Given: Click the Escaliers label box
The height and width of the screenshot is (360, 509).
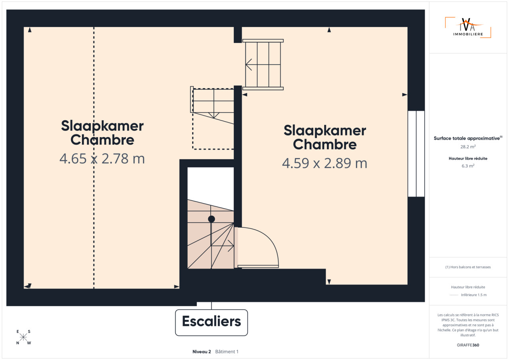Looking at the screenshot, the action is pyautogui.click(x=211, y=322).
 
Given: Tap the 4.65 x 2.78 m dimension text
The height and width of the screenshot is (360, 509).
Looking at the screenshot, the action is pyautogui.click(x=102, y=159).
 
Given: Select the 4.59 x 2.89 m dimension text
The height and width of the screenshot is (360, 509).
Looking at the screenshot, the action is pyautogui.click(x=324, y=163).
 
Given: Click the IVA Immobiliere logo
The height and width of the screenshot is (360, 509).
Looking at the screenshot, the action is pyautogui.click(x=468, y=27).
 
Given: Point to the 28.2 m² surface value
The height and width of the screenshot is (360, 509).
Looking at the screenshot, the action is pyautogui.click(x=468, y=147).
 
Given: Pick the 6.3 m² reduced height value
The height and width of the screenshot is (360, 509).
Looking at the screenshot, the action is pyautogui.click(x=468, y=166).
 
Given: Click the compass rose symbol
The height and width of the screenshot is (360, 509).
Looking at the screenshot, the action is pyautogui.click(x=23, y=337).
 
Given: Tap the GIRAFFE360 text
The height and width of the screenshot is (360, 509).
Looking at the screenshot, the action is pyautogui.click(x=468, y=345).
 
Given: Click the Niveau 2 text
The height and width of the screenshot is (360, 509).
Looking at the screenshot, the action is pyautogui.click(x=202, y=352).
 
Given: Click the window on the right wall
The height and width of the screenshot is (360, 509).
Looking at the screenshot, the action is pyautogui.click(x=416, y=154).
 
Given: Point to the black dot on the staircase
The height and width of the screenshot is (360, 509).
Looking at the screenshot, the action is pyautogui.click(x=211, y=219).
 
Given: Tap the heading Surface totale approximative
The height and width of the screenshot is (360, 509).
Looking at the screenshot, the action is pyautogui.click(x=467, y=138).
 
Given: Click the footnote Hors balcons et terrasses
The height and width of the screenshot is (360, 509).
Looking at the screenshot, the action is pyautogui.click(x=468, y=267).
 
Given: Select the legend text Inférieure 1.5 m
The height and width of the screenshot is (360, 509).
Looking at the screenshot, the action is pyautogui.click(x=474, y=295).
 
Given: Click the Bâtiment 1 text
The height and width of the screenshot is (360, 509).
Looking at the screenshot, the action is pyautogui.click(x=227, y=352).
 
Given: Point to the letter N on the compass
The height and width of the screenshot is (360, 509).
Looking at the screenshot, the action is pyautogui.click(x=17, y=343).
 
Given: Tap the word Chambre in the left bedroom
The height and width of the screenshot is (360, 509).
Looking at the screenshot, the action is pyautogui.click(x=102, y=140).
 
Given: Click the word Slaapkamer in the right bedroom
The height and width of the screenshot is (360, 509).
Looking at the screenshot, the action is pyautogui.click(x=325, y=131).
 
